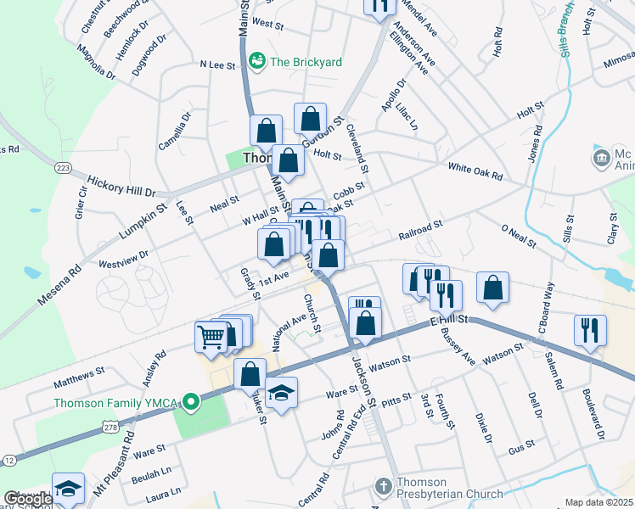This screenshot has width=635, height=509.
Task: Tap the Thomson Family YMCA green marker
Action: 193,401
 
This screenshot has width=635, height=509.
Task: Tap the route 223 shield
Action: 62,168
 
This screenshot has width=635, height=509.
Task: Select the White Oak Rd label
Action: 475,172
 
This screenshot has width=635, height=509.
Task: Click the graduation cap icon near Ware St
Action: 281,392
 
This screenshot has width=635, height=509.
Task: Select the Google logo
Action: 25,500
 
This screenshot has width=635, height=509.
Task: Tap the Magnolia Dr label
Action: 95,63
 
